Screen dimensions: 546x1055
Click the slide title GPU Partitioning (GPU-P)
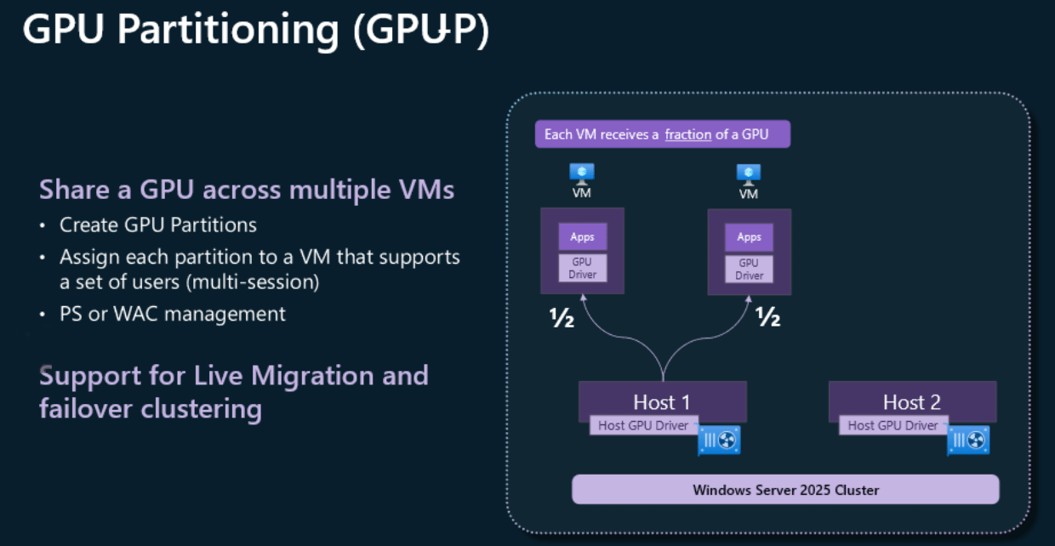255,31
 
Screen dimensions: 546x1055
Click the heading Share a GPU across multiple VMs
247,189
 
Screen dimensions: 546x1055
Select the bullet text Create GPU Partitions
158,225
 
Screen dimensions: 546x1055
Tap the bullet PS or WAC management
173,314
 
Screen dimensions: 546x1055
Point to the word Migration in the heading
311,375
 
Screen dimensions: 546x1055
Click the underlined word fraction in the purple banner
687,134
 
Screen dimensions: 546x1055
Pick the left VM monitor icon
582,173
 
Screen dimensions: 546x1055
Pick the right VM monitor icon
749,173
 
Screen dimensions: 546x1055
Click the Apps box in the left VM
583,236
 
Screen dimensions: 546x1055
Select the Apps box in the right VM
750,236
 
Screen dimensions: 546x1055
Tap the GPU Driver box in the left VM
583,269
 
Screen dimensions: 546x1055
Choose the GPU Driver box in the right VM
750,269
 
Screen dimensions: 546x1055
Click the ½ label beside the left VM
562,318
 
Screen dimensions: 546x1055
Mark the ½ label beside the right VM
768,318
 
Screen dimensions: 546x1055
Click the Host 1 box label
661,401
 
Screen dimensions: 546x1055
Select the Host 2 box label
911,401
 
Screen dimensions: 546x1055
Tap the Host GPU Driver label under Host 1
643,425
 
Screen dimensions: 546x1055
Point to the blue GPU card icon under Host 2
968,440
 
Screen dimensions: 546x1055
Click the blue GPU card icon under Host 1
720,440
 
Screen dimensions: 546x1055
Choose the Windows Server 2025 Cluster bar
785,490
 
